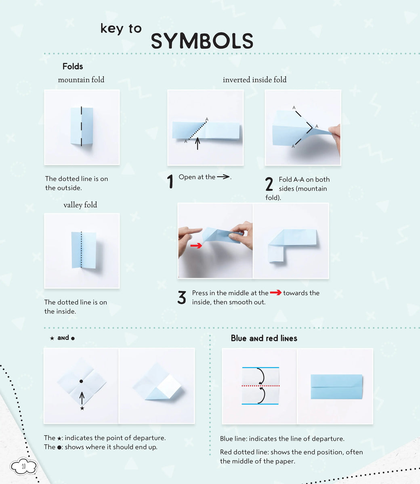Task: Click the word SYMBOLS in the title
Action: [202, 41]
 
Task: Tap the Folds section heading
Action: [73, 67]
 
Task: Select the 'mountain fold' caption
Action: [81, 80]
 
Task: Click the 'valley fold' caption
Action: [80, 205]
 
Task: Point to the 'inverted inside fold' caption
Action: [254, 80]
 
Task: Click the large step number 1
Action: [170, 181]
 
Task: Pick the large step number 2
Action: [269, 184]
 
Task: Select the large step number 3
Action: [182, 298]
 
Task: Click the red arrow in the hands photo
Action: [196, 246]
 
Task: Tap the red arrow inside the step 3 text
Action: [275, 293]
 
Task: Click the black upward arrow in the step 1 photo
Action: [197, 144]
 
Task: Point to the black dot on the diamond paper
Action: [81, 381]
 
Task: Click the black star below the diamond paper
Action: [82, 409]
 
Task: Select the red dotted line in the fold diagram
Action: [260, 386]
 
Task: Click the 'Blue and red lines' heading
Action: [264, 338]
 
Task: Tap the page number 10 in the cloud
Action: [23, 467]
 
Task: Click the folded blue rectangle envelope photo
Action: [336, 387]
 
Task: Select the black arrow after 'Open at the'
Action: [223, 177]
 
